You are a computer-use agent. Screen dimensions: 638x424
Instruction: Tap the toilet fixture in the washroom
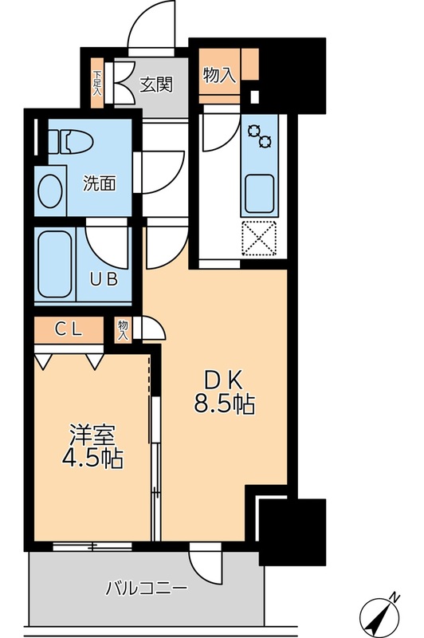(x=73, y=142)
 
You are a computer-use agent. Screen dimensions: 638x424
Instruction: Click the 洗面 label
(x=101, y=183)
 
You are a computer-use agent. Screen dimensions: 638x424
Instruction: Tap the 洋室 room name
(x=92, y=437)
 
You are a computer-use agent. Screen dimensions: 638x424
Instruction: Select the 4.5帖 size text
(x=92, y=461)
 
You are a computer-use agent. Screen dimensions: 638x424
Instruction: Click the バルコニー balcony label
(x=147, y=591)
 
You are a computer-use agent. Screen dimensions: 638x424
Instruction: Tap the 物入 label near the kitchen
(x=219, y=76)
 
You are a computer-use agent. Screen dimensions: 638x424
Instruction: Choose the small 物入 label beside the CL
(x=123, y=329)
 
